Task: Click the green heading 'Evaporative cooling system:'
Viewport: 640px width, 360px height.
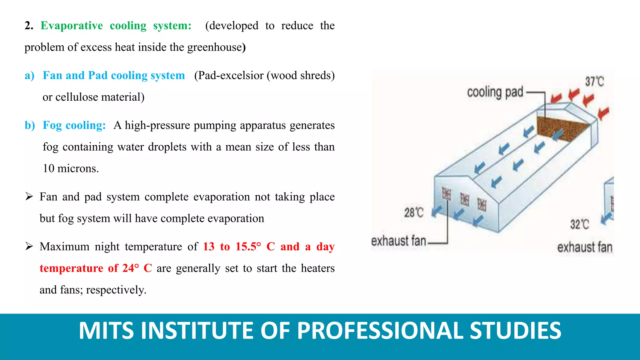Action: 116,26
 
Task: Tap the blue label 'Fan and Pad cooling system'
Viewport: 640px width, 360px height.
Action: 114,76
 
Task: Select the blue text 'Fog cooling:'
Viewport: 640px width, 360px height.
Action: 74,125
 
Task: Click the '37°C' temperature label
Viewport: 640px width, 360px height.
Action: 594,82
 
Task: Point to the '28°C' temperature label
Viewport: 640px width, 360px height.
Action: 414,213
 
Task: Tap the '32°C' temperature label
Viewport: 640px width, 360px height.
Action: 579,224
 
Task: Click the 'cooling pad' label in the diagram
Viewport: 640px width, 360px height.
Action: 495,92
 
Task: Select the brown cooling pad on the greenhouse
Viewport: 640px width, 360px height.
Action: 559,128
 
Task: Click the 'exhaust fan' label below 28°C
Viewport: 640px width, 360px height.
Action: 398,241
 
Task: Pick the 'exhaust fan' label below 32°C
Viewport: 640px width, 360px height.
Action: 584,247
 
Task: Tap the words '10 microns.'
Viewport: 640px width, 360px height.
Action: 71,169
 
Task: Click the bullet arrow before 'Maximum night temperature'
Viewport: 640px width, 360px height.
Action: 29,247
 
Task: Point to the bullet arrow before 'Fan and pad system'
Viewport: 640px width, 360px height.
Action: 29,197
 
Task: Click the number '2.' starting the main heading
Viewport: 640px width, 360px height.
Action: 29,26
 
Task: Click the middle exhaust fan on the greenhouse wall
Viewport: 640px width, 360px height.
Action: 465,199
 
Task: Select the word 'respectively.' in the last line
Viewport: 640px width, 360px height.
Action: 116,290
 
